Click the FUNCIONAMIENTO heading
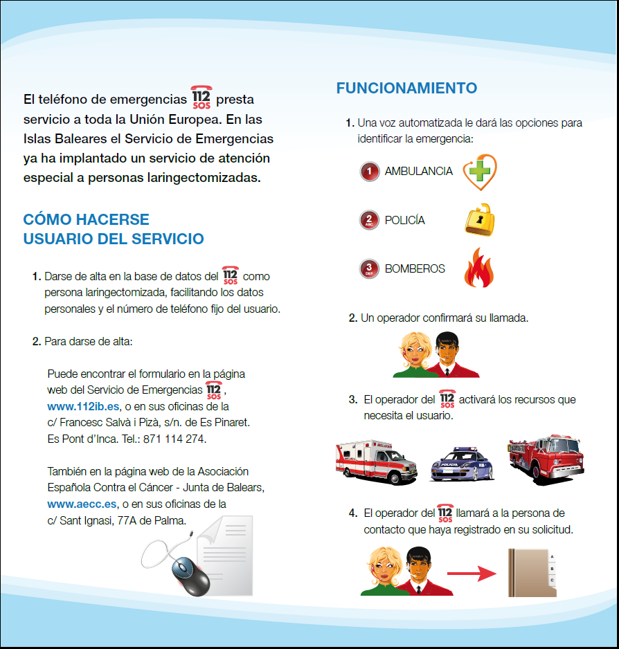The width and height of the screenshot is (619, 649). coord(406,89)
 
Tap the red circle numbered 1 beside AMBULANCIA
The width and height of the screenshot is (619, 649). coord(370,171)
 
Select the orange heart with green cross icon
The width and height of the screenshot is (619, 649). coord(479,172)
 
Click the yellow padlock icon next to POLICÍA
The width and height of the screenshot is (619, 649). coord(479,220)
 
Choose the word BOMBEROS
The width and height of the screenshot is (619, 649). coord(415,268)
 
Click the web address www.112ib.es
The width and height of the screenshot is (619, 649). coord(83,406)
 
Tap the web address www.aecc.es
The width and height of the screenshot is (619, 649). coord(81,504)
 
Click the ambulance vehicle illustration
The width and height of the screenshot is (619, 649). coord(377,459)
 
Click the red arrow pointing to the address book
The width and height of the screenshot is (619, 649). coord(472,574)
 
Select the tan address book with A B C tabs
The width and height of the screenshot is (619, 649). coord(532,572)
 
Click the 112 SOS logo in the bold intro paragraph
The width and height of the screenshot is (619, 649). coord(201,99)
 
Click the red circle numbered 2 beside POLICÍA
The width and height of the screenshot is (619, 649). coord(370,220)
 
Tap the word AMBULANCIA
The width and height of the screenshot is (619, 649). coord(419,171)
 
